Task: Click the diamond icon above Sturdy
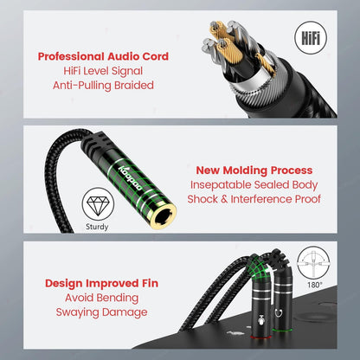98,205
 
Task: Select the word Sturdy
98,228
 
